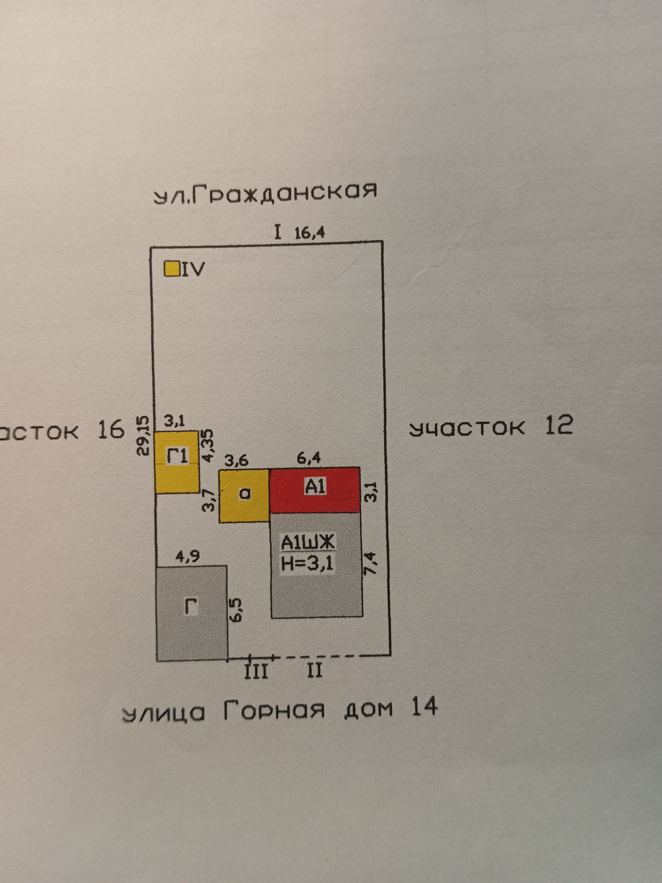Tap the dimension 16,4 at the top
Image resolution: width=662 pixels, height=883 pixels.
309,233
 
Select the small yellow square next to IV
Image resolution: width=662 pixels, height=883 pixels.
172,269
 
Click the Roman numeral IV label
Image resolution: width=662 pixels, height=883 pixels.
192,270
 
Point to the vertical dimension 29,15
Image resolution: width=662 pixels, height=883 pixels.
143,435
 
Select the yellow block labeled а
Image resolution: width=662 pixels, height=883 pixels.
244,495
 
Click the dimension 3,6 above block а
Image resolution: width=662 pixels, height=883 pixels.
236,460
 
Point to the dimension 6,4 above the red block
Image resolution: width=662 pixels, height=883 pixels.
309,458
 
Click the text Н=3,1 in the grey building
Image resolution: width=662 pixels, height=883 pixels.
307,564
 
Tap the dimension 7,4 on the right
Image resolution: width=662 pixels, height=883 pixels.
371,563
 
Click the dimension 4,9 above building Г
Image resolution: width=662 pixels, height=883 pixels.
188,557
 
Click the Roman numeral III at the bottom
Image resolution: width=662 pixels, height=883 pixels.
256,671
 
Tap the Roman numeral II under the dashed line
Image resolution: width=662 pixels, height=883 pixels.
314,671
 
